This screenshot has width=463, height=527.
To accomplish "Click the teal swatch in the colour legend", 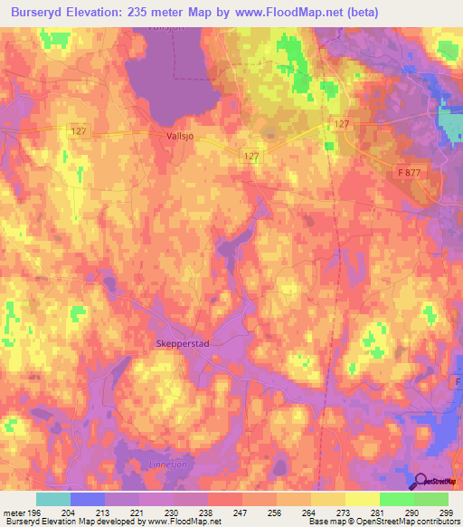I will coord(52,499).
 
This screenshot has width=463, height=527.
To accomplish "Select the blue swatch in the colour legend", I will coord(87,499).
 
